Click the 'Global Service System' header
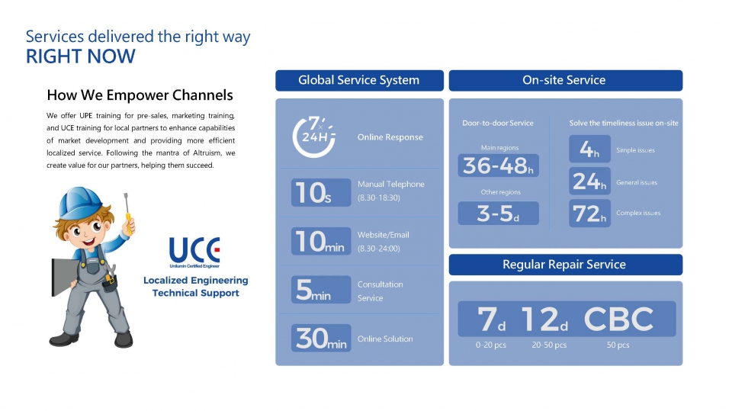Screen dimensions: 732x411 click(359, 80)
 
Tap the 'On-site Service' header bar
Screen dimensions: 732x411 click(565, 80)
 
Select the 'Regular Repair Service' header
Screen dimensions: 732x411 click(565, 265)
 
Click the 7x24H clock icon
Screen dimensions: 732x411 click(313, 136)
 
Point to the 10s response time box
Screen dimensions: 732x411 click(321, 192)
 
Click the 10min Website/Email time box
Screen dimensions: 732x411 click(321, 241)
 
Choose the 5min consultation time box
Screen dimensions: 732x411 click(321, 290)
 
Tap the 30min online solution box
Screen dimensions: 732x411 click(321, 338)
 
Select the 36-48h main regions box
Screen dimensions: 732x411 click(498, 165)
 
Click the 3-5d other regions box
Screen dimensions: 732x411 click(498, 213)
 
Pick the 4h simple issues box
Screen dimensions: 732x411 click(589, 149)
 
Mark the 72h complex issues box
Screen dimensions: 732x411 click(589, 214)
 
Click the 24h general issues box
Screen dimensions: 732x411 click(589, 181)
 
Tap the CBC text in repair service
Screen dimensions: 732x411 click(618, 319)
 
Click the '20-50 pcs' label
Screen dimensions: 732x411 click(549, 345)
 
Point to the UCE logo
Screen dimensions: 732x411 click(194, 252)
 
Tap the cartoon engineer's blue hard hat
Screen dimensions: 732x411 click(80, 203)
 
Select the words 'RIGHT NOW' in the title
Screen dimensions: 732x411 click(80, 56)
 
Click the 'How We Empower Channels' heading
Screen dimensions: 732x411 click(140, 95)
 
